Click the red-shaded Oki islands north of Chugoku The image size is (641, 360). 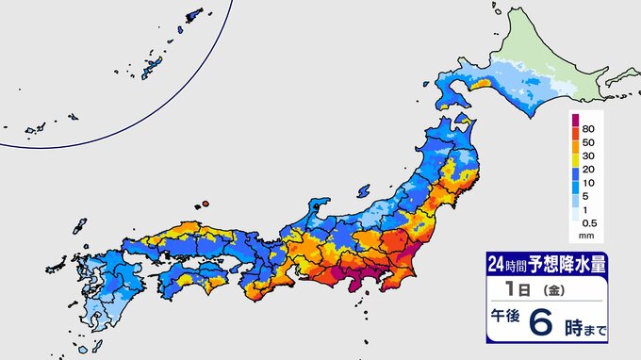[202, 203]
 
